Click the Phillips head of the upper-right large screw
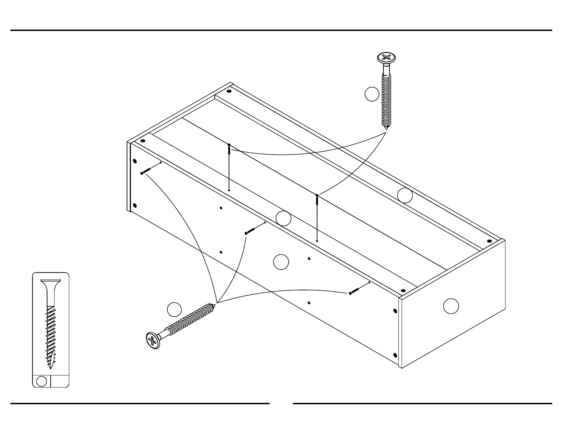(387, 58)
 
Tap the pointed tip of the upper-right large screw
(386, 128)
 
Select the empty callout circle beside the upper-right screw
(372, 94)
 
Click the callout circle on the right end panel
(451, 306)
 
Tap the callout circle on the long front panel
(281, 262)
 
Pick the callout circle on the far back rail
(405, 195)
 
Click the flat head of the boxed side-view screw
(51, 281)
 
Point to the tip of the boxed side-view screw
(51, 368)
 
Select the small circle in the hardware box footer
(42, 381)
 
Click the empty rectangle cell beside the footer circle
(60, 381)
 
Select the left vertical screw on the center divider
(229, 150)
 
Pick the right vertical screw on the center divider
(317, 200)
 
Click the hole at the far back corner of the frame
(229, 91)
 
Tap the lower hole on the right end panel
(395, 355)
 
